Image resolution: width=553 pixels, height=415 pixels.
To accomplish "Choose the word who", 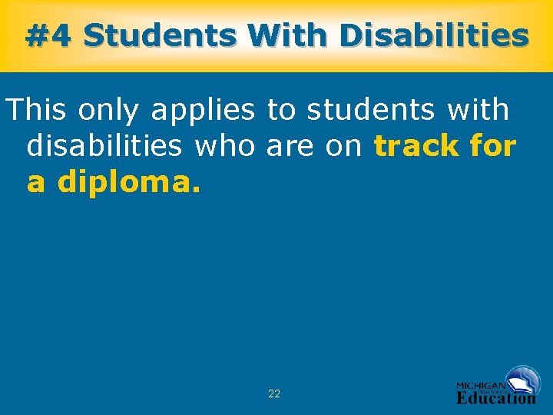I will tap(227, 146).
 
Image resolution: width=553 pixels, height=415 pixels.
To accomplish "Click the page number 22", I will tap(274, 393).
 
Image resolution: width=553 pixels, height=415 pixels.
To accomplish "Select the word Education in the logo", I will tap(496, 398).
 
